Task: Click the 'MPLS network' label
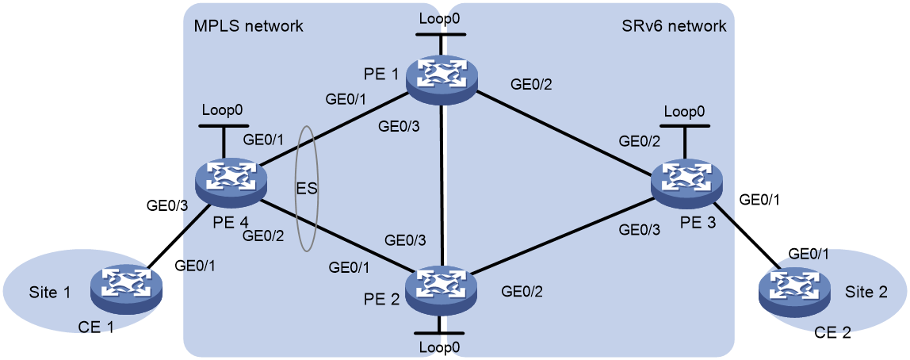[248, 26]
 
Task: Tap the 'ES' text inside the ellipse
[307, 190]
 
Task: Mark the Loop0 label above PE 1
[441, 18]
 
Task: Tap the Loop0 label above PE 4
[222, 109]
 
